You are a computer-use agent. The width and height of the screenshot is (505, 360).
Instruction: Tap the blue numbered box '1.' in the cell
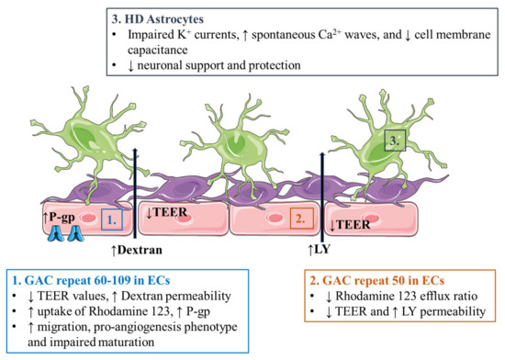pos(108,219)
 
